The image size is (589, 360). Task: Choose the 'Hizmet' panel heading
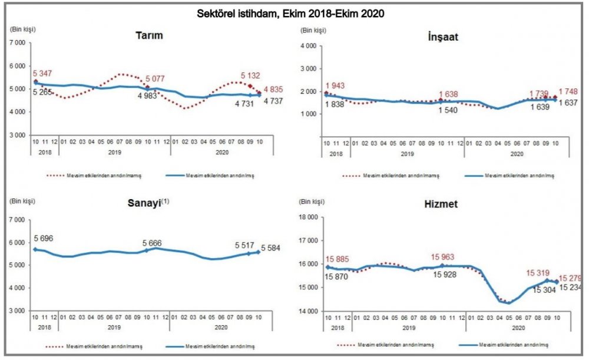[441, 204]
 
